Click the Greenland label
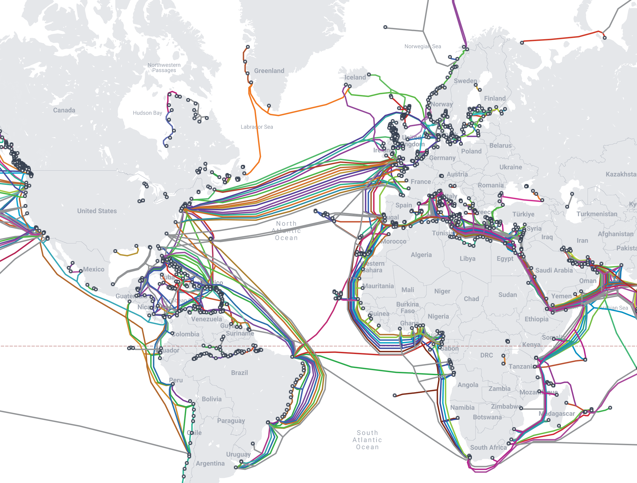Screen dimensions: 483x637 coord(269,71)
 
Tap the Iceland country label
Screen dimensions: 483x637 coord(355,77)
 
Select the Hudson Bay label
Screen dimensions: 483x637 coord(147,113)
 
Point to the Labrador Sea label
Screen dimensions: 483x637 coord(257,127)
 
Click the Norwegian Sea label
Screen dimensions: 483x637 coord(423,46)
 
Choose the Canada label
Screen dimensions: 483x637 coord(64,110)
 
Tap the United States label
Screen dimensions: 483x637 coord(97,211)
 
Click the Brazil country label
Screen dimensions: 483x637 coord(239,373)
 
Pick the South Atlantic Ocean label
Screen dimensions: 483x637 coord(367,440)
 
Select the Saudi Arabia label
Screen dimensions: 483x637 coord(554,270)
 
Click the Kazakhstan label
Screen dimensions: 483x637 coord(621,174)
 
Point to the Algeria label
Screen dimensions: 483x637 coord(421,255)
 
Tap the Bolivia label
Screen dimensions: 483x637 coord(212,399)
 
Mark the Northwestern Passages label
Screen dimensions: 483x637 coord(164,68)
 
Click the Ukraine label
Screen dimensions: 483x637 coord(510,167)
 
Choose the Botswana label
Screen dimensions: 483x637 coord(487,417)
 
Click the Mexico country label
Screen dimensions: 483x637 coord(94,269)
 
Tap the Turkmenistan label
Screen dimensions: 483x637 coord(597,214)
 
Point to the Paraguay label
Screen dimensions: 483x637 coord(231,421)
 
